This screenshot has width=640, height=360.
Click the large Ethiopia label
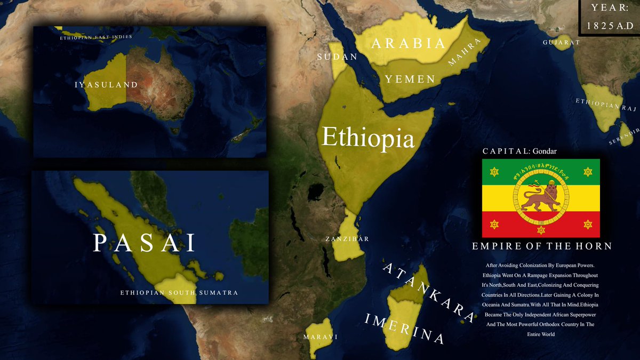[x=368, y=138]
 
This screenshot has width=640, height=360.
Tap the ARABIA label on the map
[x=408, y=44]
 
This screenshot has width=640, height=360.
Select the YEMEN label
[x=410, y=79]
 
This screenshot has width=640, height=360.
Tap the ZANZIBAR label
[x=347, y=239]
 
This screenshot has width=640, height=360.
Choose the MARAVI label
[x=321, y=337]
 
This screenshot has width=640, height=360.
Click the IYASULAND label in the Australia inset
[x=106, y=85]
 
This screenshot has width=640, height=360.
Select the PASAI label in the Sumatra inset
[x=145, y=243]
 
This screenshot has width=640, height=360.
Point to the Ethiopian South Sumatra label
[x=179, y=293]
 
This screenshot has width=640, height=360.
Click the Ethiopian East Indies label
[x=96, y=37]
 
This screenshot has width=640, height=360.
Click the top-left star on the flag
[x=494, y=171]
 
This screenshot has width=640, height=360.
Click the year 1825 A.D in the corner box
[x=610, y=25]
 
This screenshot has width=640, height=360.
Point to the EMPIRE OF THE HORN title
[x=541, y=246]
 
